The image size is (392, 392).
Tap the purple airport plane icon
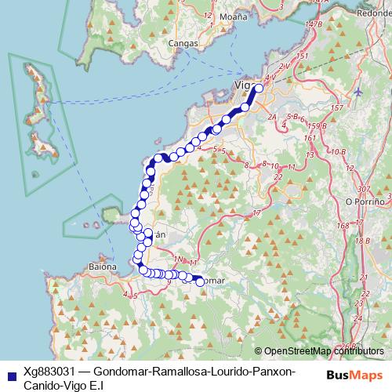[358, 92]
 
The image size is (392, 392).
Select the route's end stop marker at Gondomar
[199, 281]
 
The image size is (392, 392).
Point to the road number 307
[363, 189]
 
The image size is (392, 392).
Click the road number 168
[343, 226]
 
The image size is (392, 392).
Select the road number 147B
[314, 24]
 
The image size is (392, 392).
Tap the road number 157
[338, 107]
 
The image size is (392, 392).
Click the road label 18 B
[361, 241]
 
